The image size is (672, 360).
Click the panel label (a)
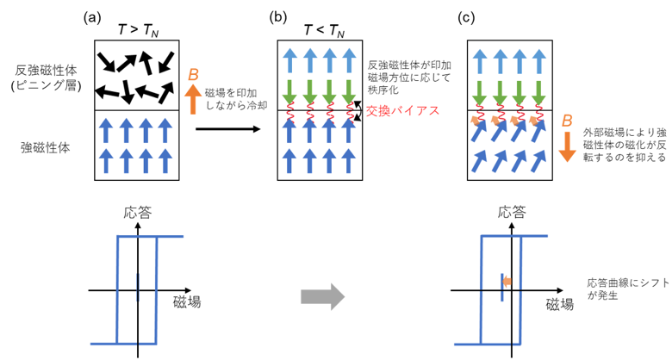(x=92, y=18)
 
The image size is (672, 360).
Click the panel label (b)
(x=277, y=18)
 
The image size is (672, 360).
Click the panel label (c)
(x=467, y=18)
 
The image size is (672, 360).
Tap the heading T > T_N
(x=138, y=30)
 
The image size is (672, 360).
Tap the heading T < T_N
(x=324, y=30)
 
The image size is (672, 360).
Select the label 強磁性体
(x=46, y=148)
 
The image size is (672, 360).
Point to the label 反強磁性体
(x=46, y=70)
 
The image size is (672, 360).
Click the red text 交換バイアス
(x=403, y=110)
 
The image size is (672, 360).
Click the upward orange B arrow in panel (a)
(x=193, y=99)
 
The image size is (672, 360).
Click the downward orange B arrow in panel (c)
(x=568, y=146)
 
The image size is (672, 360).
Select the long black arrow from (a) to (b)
(x=228, y=128)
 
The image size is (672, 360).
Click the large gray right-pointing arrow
(x=323, y=296)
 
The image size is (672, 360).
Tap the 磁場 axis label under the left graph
(x=187, y=302)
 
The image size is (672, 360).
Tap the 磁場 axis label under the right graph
(x=560, y=304)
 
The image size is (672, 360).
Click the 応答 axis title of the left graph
(x=138, y=213)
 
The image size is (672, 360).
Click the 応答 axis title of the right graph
(x=512, y=213)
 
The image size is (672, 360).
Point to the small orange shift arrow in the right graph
(x=507, y=282)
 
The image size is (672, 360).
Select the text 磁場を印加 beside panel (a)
(x=231, y=93)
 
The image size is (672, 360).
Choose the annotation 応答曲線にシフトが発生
(x=628, y=289)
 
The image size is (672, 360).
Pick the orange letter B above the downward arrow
(x=567, y=121)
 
